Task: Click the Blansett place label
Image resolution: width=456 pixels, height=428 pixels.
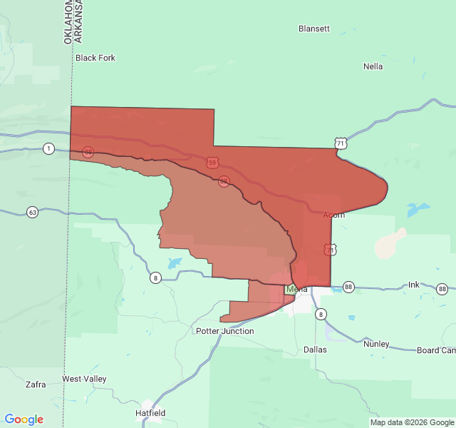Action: [314, 29]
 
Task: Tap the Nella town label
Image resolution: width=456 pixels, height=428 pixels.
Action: [373, 66]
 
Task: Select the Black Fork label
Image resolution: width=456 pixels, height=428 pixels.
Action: [95, 58]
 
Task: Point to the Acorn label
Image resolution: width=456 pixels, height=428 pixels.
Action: [333, 215]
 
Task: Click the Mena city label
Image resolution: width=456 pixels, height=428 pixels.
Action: [297, 289]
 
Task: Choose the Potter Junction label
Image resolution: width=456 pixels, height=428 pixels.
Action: [224, 331]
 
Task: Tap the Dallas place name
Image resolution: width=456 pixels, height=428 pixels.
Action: [315, 350]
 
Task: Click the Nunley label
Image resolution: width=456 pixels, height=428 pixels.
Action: [376, 344]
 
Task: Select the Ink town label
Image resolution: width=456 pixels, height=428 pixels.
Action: [414, 285]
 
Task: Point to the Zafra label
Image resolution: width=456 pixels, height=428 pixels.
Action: [36, 384]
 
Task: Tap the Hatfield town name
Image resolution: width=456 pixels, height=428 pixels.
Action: [150, 413]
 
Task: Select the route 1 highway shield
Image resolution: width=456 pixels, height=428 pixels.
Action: [48, 148]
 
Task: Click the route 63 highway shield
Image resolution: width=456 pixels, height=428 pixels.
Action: [33, 212]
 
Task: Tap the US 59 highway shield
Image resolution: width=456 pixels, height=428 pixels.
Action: [212, 163]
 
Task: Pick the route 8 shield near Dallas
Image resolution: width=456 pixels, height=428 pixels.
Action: [321, 314]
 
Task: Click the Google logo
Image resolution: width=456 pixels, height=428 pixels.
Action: [24, 419]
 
